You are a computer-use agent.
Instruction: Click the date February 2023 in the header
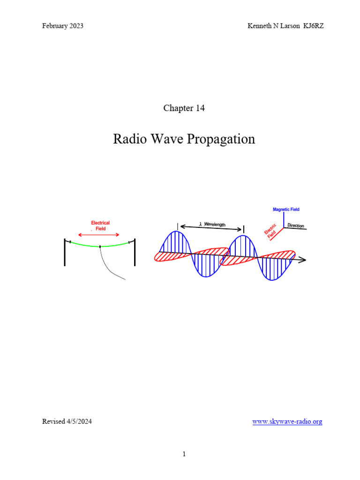tap(63, 26)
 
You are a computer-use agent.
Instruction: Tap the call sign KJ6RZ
tap(314, 26)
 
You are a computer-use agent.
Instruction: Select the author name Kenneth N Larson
tap(274, 26)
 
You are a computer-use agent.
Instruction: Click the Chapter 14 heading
tap(184, 108)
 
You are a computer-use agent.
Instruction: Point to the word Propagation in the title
tap(221, 139)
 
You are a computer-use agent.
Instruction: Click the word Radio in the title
tap(130, 139)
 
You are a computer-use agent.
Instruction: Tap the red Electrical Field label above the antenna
tap(100, 225)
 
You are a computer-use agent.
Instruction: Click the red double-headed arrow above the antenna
tap(98, 235)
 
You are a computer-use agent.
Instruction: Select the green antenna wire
tap(100, 246)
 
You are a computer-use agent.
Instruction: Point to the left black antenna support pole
tap(65, 252)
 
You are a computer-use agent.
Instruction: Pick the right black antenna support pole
tap(135, 252)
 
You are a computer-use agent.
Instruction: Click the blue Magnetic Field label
tap(286, 210)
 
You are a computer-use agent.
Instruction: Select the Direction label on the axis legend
tap(296, 225)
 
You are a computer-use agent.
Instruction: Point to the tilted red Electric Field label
tap(270, 231)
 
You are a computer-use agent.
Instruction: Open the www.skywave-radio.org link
tap(287, 421)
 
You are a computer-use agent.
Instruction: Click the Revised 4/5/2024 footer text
tap(67, 421)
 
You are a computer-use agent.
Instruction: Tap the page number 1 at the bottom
tap(184, 454)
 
